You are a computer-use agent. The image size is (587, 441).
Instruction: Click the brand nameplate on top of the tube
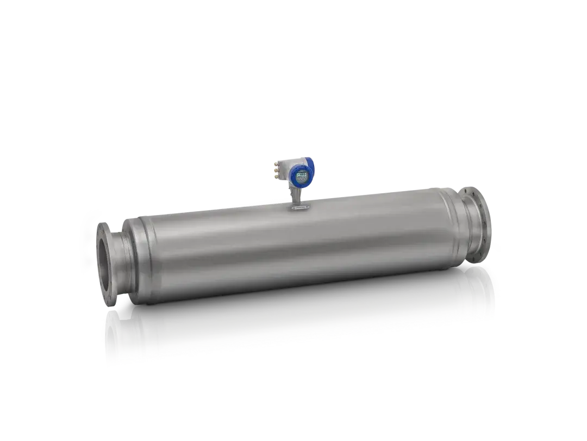tap(300, 208)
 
